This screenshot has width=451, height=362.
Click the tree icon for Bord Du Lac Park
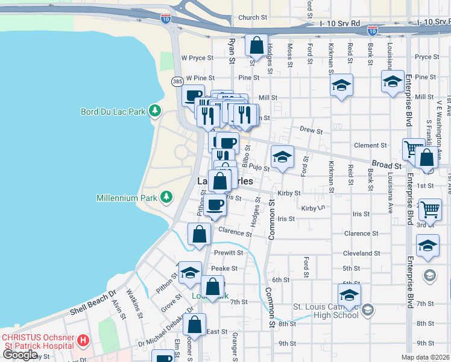point(156,111)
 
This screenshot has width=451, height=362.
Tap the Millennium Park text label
point(125,198)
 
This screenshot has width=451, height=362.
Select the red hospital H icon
point(84,341)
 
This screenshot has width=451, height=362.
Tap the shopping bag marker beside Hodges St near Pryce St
point(256,46)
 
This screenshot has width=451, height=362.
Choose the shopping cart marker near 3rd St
point(430,210)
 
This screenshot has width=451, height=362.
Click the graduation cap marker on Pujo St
point(282,157)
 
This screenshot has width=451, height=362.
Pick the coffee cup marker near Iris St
point(215,205)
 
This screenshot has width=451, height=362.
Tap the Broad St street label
point(386,165)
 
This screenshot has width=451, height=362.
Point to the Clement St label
point(370,145)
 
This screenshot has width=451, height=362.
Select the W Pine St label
point(200,78)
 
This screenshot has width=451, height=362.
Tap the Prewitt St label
point(227,253)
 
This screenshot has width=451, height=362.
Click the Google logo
point(20,355)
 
